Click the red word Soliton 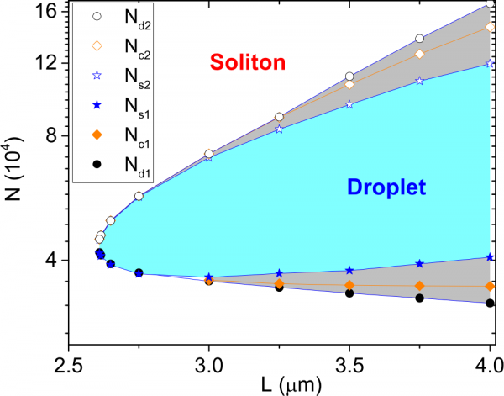pyautogui.click(x=249, y=63)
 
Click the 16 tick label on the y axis pyautogui.click(x=46, y=12)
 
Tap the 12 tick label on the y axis pyautogui.click(x=46, y=63)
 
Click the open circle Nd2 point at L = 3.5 pyautogui.click(x=349, y=77)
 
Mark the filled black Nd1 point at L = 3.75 pyautogui.click(x=419, y=298)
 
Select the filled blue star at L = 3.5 pyautogui.click(x=349, y=270)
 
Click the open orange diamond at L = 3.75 pyautogui.click(x=419, y=54)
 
